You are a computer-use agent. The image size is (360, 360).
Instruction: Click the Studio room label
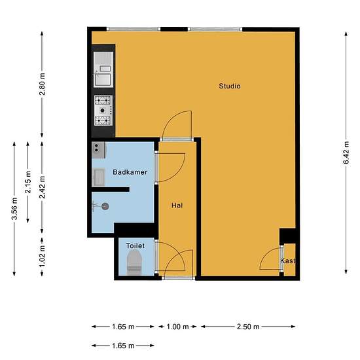coord(230,86)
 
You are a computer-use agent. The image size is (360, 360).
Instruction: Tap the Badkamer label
coord(130,172)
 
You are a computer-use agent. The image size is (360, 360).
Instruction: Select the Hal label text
coord(177,206)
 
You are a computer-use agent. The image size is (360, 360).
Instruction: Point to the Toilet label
coord(135,245)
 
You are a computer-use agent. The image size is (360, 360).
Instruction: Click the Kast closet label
coord(288,261)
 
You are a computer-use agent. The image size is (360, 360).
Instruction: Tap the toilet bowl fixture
coord(134,262)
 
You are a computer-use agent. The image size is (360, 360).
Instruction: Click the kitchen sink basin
coord(103,80)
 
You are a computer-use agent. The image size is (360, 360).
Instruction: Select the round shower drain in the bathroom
coord(105,206)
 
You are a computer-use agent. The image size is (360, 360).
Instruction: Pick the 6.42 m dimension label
coord(346,153)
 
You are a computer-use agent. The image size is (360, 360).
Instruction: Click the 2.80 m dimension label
coord(42,84)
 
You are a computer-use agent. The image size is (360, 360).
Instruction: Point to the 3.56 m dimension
coord(14,208)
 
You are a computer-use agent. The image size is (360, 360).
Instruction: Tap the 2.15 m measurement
coord(27,182)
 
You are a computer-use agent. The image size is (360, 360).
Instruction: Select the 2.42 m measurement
coord(42,187)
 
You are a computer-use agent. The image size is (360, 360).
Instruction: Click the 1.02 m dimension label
coord(42,256)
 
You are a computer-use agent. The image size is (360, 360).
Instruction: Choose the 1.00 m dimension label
coord(177,327)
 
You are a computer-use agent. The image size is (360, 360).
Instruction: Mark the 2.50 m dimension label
coord(248,327)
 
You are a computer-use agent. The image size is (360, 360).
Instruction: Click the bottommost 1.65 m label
coord(123,346)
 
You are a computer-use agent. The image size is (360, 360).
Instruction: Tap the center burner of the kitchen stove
coord(103,111)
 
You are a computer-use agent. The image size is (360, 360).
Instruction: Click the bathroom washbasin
coord(99,177)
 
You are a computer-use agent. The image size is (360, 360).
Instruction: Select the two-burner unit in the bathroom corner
coord(98,150)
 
